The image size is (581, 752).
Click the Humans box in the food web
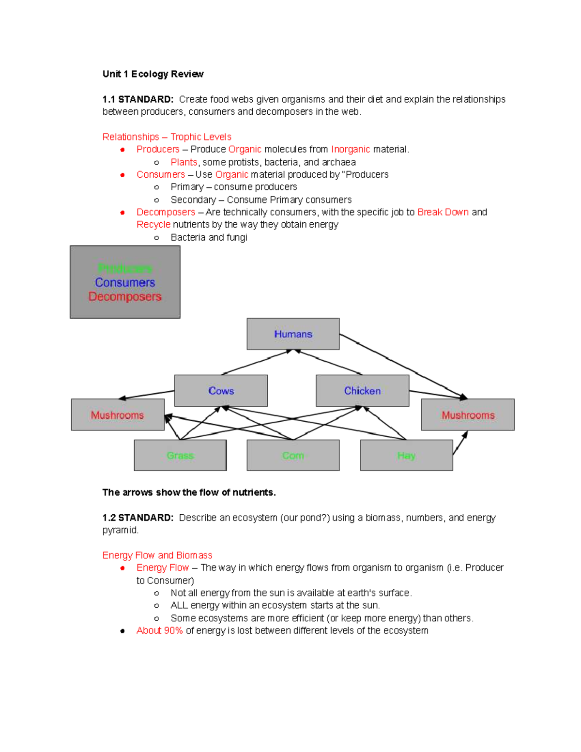(x=293, y=334)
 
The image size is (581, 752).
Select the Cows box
(x=221, y=391)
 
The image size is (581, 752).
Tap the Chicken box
(x=362, y=391)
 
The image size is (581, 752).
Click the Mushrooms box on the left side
(x=118, y=415)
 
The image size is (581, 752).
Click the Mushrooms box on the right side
(x=468, y=415)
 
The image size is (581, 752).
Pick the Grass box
(x=180, y=456)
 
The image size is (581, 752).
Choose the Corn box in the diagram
(x=293, y=456)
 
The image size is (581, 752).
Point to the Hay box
(x=406, y=456)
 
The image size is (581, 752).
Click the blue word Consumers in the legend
(x=125, y=282)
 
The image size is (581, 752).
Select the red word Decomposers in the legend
(x=125, y=296)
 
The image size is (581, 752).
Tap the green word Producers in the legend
(x=125, y=268)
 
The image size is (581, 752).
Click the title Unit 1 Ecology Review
(x=153, y=74)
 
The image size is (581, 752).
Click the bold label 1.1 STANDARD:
(x=138, y=99)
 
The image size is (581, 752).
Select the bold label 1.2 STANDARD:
(x=138, y=518)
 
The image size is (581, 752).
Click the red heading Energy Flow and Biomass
(x=157, y=555)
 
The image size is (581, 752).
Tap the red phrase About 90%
(x=159, y=630)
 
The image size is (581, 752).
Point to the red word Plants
(x=184, y=162)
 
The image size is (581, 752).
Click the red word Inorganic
(x=351, y=149)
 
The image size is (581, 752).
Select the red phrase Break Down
(x=443, y=212)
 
